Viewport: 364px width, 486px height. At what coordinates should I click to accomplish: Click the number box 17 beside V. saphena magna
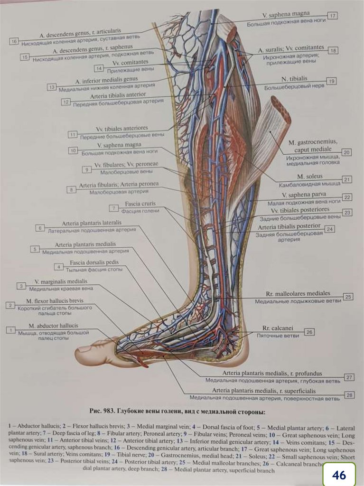coord(332,16)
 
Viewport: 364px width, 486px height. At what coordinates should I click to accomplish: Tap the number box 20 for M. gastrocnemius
coord(346,152)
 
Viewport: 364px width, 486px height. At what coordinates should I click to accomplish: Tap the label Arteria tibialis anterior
coord(112,95)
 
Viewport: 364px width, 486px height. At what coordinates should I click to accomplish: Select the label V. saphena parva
coord(301,195)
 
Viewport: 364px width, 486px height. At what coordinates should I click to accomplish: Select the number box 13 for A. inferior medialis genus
coord(52,88)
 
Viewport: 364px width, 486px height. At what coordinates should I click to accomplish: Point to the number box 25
coord(348,297)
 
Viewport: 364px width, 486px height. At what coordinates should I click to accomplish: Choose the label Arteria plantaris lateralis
coord(91,223)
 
